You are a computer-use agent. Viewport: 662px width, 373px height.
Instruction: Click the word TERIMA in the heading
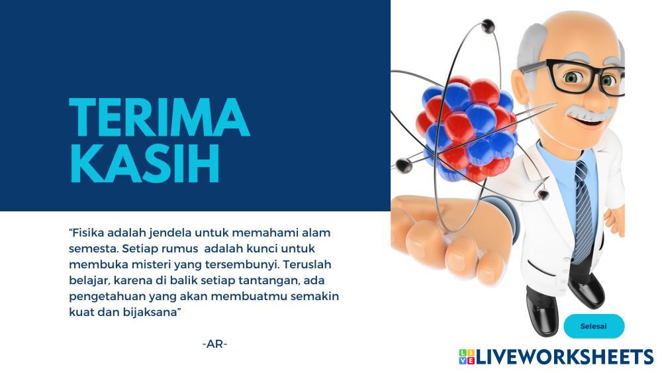coord(160,117)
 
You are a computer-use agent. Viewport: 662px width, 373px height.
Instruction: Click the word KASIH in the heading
coord(144,164)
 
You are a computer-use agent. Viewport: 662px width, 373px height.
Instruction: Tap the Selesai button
coord(594,326)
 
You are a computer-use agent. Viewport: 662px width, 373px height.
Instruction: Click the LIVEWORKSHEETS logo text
coord(565,357)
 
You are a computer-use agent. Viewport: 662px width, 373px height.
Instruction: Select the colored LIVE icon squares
coord(467,357)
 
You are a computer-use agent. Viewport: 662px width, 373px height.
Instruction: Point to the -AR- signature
coord(215,345)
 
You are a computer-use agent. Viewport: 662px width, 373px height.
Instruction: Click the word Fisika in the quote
coord(87,233)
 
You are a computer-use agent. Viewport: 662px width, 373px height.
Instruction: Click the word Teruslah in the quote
coord(307,264)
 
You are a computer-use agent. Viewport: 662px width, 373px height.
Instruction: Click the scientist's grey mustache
coord(588,113)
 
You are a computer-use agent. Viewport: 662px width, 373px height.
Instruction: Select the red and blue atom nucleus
coord(469,128)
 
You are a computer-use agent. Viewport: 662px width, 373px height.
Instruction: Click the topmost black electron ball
coord(488,26)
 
